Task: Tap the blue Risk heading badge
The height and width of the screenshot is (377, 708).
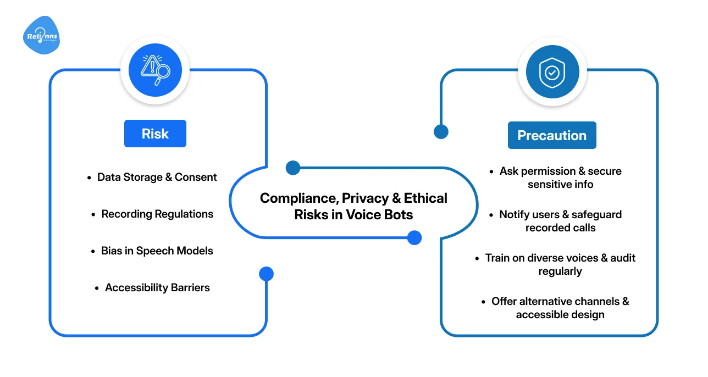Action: [x=155, y=134]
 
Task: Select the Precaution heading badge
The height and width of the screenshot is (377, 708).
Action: [x=552, y=135]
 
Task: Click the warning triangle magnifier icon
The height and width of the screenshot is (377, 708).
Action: [x=155, y=70]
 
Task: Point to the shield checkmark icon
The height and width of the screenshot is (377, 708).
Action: [x=552, y=71]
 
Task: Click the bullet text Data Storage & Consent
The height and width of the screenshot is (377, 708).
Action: [x=157, y=177]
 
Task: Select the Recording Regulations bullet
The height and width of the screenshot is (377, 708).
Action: [x=157, y=214]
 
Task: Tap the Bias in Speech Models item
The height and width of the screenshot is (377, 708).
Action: [x=157, y=251]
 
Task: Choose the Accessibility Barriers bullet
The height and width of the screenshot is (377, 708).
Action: [x=157, y=287]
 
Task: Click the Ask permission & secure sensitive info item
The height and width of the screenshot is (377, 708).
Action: [x=560, y=178]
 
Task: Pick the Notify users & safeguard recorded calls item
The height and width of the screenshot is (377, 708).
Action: [x=560, y=221]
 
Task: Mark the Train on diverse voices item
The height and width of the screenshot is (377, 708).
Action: [x=560, y=264]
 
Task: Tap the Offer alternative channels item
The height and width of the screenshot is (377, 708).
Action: [x=560, y=308]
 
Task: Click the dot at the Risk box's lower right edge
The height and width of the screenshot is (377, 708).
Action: [x=266, y=274]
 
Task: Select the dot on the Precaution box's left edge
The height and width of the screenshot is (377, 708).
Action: [x=441, y=131]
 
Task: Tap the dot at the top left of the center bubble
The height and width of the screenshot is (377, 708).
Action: [x=293, y=168]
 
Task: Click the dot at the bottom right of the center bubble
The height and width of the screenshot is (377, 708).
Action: [x=414, y=237]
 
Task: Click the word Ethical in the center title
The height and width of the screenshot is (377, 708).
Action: [x=425, y=198]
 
